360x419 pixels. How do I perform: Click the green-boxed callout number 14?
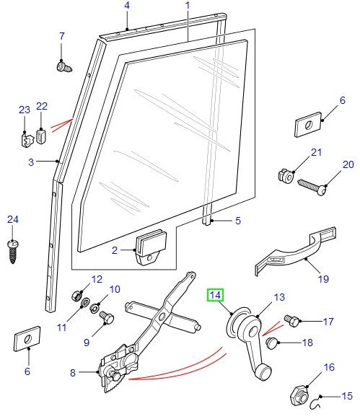215,294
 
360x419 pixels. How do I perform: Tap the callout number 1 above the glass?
187,6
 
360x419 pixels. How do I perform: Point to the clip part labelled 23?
24,136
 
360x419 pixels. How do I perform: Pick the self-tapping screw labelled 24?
12,249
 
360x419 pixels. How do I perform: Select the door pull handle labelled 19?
289,252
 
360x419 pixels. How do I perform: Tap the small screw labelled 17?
291,319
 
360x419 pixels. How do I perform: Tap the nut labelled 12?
77,294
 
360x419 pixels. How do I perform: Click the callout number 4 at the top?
127,6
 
